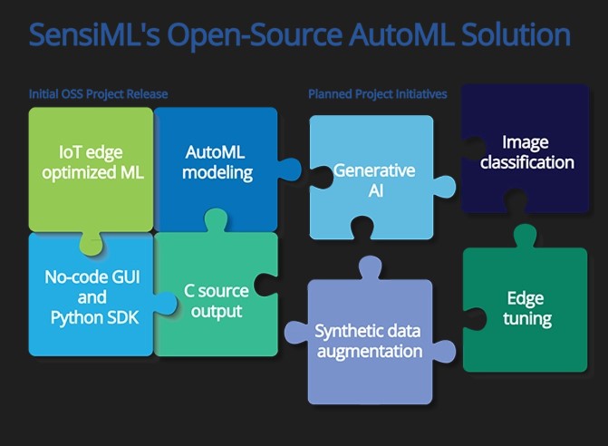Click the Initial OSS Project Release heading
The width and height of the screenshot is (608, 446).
point(98,94)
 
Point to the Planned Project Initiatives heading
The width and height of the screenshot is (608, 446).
point(377,94)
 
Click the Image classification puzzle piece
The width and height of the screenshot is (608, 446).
point(526,152)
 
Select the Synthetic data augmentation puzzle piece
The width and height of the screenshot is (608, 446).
point(368,341)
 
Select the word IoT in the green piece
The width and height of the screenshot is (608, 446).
point(72,151)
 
